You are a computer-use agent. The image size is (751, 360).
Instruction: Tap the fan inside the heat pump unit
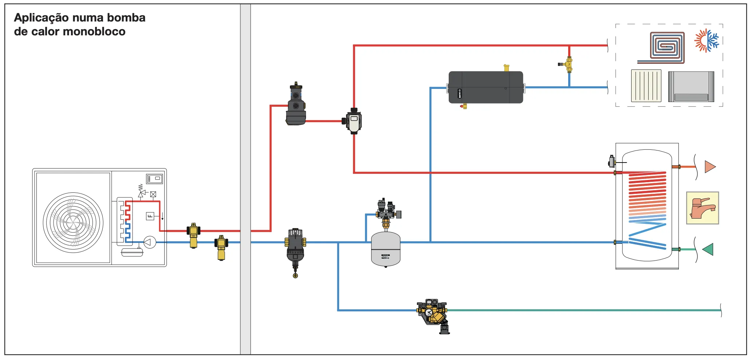click(x=73, y=222)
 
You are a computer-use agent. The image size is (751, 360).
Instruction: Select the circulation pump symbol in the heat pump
click(x=149, y=242)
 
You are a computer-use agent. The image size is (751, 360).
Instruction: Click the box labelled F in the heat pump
click(x=150, y=216)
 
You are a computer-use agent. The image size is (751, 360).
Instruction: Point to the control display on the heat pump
click(x=154, y=179)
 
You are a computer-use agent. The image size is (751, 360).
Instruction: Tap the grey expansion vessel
click(x=386, y=250)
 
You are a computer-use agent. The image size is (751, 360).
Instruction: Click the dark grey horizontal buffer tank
click(x=485, y=87)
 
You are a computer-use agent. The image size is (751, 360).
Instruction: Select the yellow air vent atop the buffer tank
click(x=506, y=68)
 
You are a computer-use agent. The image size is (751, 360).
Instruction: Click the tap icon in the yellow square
click(x=702, y=208)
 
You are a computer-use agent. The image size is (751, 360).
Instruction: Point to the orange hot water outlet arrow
click(x=709, y=167)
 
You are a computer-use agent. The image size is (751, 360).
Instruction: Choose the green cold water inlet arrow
click(x=708, y=249)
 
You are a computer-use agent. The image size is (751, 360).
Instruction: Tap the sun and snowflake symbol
click(x=707, y=40)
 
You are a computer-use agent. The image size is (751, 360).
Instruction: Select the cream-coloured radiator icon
click(x=646, y=86)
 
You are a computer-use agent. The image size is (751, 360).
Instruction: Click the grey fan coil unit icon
click(x=691, y=87)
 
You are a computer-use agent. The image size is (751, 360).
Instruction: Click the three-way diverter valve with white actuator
click(x=353, y=121)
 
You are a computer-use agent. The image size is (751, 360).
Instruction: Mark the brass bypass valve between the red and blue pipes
click(x=568, y=64)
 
